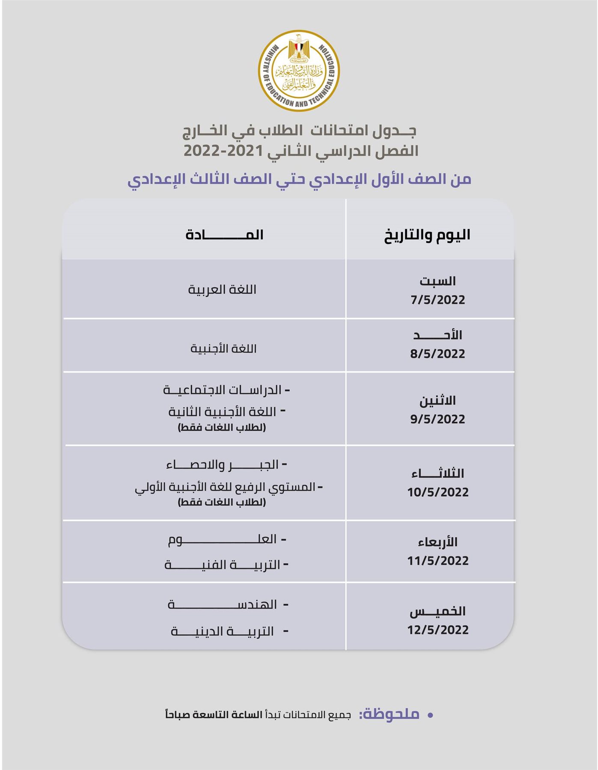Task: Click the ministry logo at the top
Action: coord(299,71)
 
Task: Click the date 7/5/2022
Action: coord(437,300)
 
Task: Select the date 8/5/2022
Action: coord(437,354)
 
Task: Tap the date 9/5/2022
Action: coord(437,419)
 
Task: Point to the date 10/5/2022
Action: coord(437,492)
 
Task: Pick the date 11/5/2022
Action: coord(437,561)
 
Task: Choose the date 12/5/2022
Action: coord(437,630)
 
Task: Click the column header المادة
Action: coord(224,235)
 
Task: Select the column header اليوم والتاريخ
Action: coord(427,235)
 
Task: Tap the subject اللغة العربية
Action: coord(222,290)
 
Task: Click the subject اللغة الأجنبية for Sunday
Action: coord(223,349)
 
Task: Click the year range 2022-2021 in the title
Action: coord(223,151)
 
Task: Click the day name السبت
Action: coord(437,281)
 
